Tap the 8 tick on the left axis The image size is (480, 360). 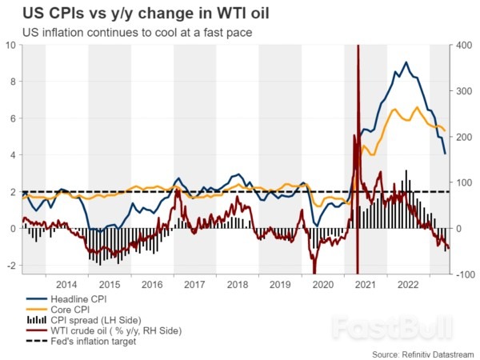click(x=12, y=82)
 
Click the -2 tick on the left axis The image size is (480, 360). click(x=10, y=266)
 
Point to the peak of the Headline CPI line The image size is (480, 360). click(x=406, y=62)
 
